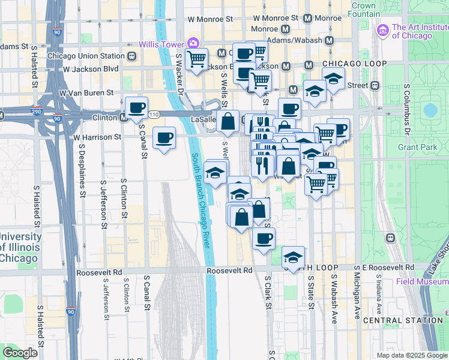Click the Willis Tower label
(x=161, y=44)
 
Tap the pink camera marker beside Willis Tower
(x=193, y=43)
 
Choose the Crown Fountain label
(x=364, y=10)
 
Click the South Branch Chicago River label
(x=201, y=200)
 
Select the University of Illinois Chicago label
(x=20, y=247)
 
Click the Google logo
(x=20, y=353)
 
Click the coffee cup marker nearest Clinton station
(x=136, y=107)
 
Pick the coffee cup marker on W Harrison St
(x=164, y=138)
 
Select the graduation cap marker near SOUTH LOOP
(x=292, y=257)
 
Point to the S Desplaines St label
(x=82, y=173)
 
